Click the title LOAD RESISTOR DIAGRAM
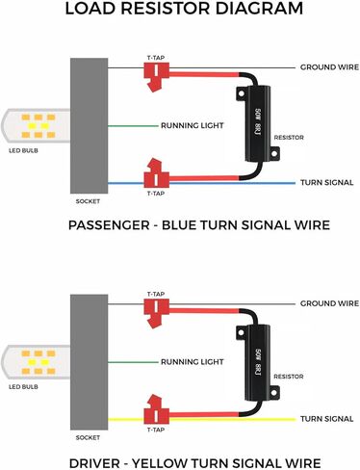coord(180,12)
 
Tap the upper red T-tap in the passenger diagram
coord(153,76)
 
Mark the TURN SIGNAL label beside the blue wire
coord(325,183)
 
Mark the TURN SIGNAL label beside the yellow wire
coord(325,420)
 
